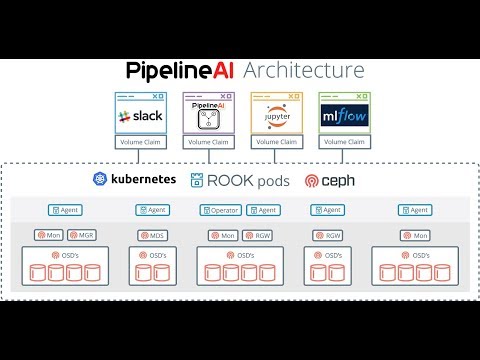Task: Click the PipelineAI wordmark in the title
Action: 181,70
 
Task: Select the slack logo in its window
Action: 138,117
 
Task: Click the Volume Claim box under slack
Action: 138,142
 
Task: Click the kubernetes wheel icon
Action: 100,180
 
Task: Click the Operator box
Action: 220,210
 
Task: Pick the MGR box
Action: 84,235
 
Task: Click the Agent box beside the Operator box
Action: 264,210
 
